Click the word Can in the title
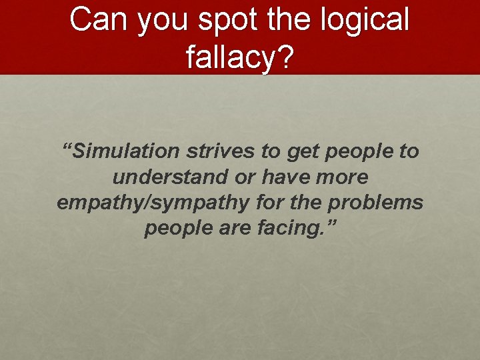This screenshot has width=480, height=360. coord(100,20)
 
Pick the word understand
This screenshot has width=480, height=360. coord(167,177)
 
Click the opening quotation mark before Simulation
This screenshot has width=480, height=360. coord(67,147)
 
